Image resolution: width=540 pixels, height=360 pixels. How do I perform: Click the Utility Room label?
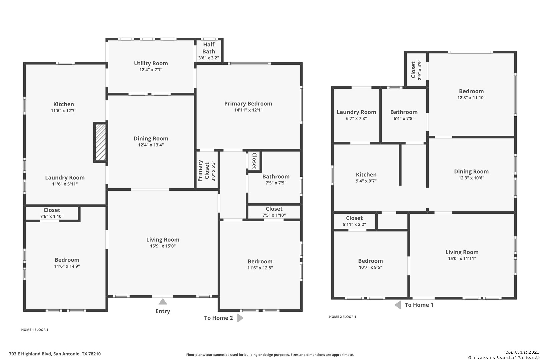[151, 63]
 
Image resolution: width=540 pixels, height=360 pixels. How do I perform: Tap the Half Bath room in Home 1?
[209, 51]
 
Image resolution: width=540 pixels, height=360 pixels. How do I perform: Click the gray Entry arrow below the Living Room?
[163, 301]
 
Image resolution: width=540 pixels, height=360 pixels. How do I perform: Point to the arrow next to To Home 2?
[240, 318]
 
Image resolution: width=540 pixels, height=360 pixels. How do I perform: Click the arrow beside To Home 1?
[398, 305]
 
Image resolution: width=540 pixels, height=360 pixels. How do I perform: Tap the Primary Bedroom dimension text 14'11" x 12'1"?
[248, 110]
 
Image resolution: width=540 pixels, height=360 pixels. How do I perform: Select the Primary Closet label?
[203, 170]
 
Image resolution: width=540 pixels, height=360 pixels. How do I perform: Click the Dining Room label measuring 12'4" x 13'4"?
[151, 139]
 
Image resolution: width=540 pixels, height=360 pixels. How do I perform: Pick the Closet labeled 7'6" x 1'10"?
[52, 210]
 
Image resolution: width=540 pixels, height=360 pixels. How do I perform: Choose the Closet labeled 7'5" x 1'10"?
[274, 209]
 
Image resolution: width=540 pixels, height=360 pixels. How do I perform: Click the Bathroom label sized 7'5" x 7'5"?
[276, 177]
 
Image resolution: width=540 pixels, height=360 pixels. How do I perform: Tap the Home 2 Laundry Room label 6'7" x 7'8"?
[356, 112]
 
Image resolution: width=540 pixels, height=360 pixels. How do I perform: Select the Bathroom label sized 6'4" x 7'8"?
[404, 112]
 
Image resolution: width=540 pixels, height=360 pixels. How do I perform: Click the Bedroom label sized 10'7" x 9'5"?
[370, 261]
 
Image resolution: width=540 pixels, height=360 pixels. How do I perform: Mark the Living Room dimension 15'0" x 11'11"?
[462, 258]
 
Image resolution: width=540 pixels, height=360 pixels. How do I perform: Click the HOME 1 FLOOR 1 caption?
[35, 330]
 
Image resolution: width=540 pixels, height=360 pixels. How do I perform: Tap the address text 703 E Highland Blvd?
[30, 354]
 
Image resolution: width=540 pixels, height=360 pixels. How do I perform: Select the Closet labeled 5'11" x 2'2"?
[354, 218]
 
